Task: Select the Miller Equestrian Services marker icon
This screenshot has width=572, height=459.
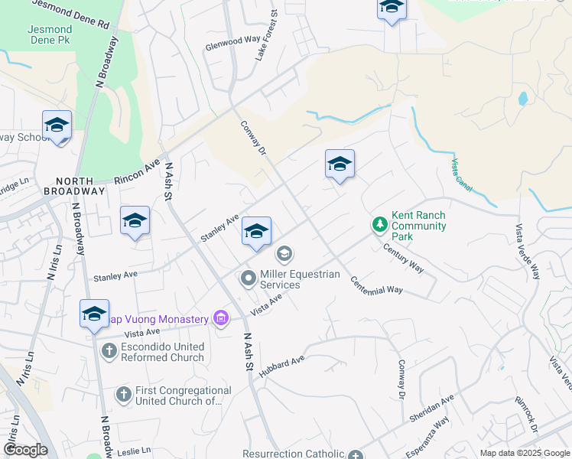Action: [x=248, y=279]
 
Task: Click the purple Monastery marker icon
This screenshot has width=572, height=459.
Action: [x=221, y=317]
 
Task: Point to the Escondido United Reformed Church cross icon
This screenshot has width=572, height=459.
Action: [x=109, y=351]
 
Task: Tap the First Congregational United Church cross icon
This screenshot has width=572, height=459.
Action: [x=123, y=395]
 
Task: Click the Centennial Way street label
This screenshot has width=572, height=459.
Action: [x=376, y=285]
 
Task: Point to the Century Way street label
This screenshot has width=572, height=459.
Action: [x=403, y=257]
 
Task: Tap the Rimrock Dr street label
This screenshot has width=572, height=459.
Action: [x=529, y=412]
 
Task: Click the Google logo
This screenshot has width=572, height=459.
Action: [x=25, y=450]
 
